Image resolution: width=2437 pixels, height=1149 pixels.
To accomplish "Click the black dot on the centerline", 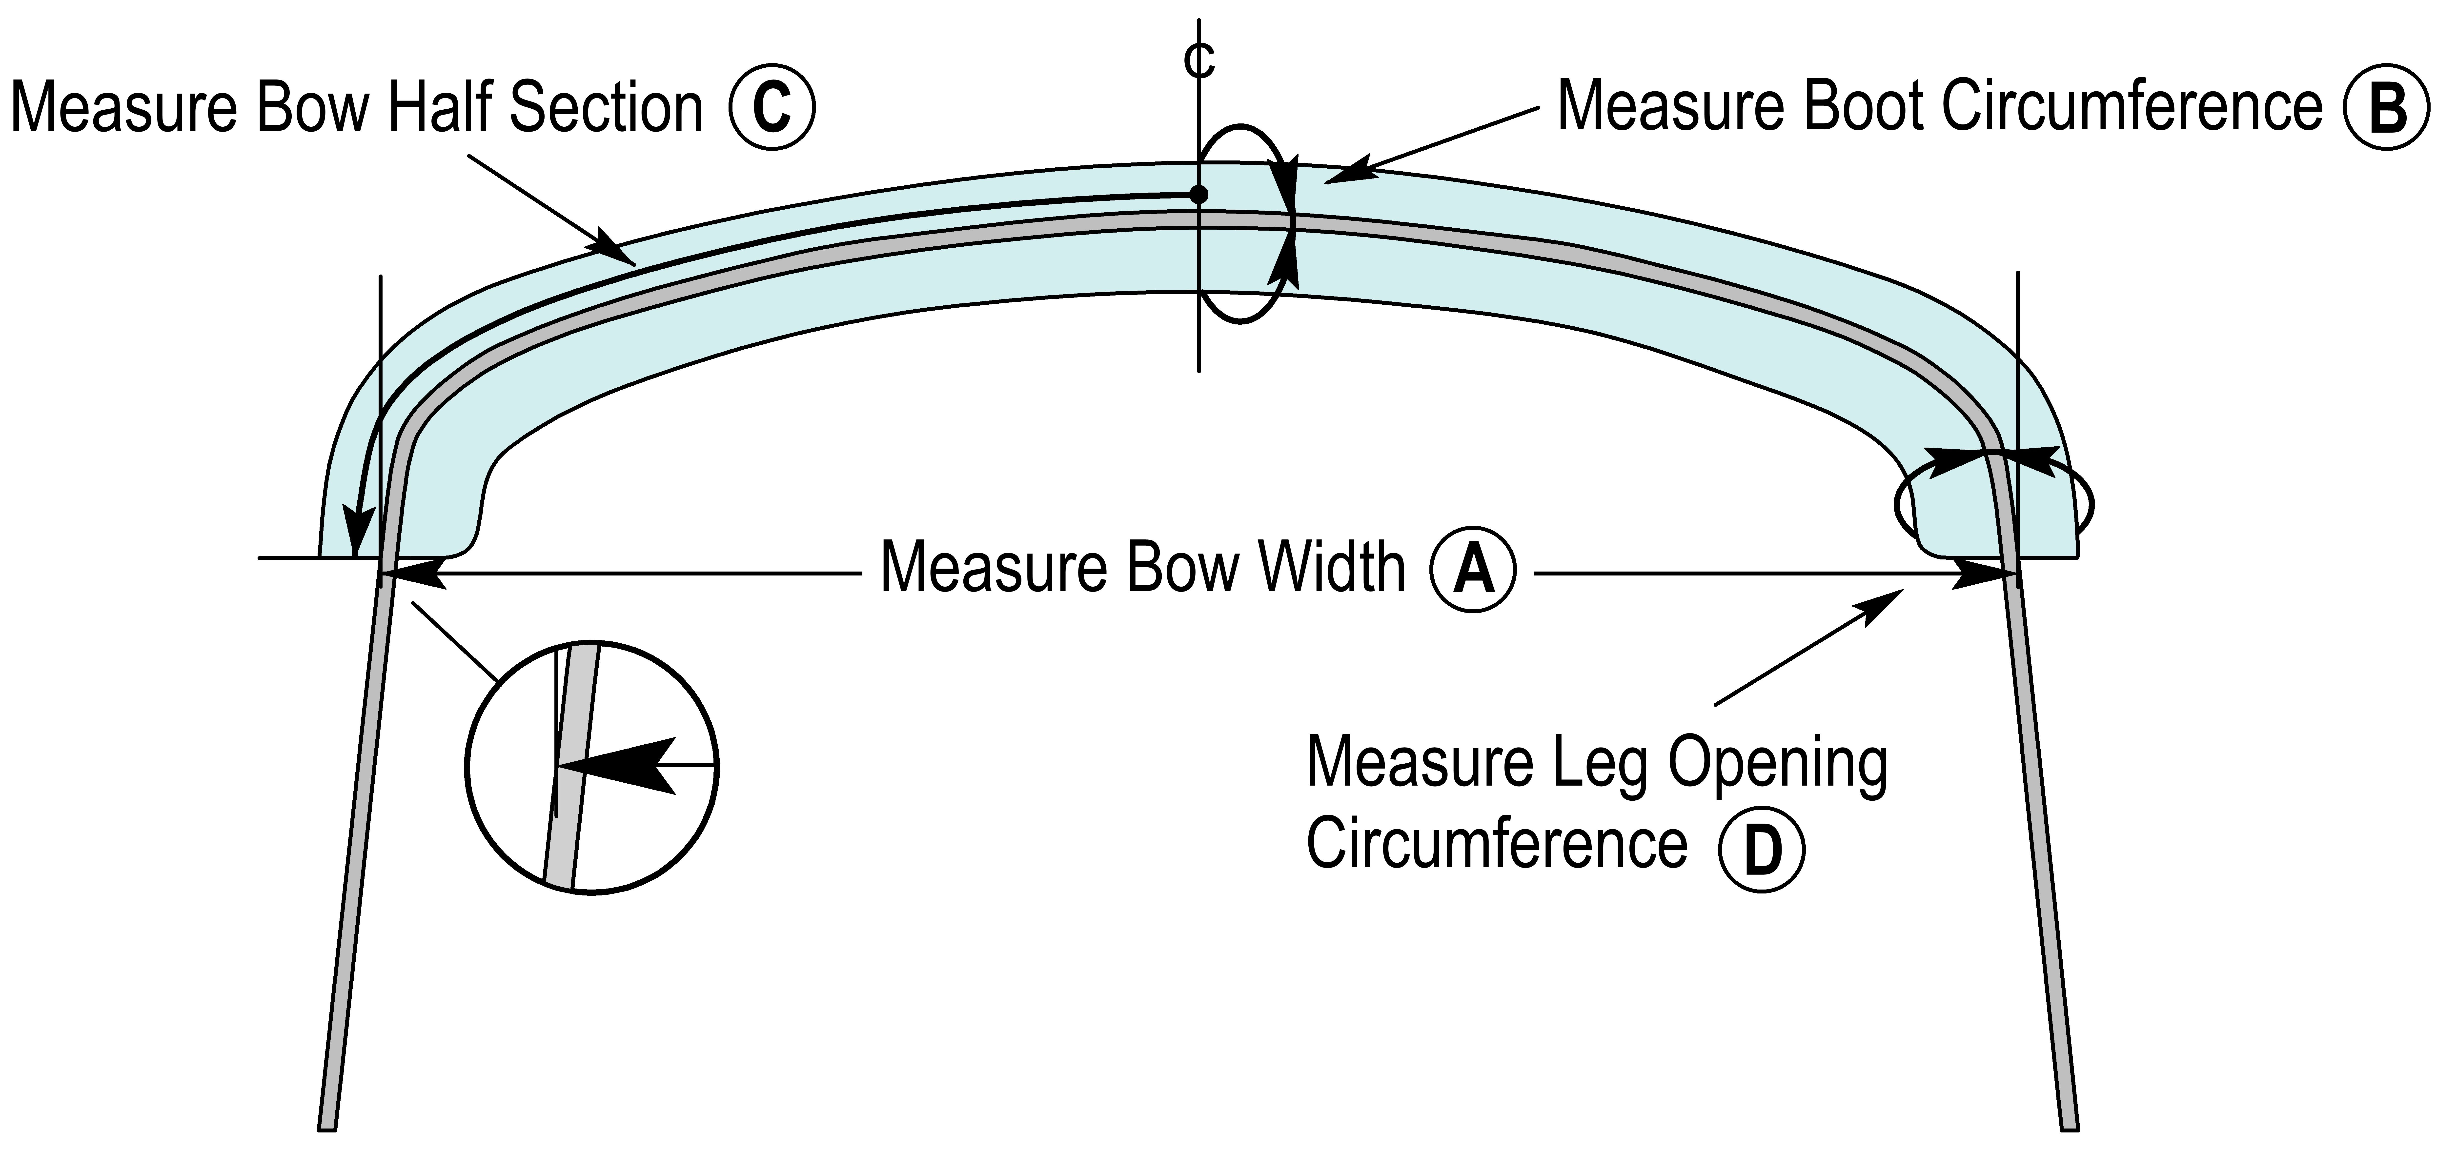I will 1199,195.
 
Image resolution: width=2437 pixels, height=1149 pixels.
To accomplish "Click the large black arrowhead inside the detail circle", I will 620,764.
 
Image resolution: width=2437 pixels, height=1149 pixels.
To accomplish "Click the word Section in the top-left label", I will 606,108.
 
